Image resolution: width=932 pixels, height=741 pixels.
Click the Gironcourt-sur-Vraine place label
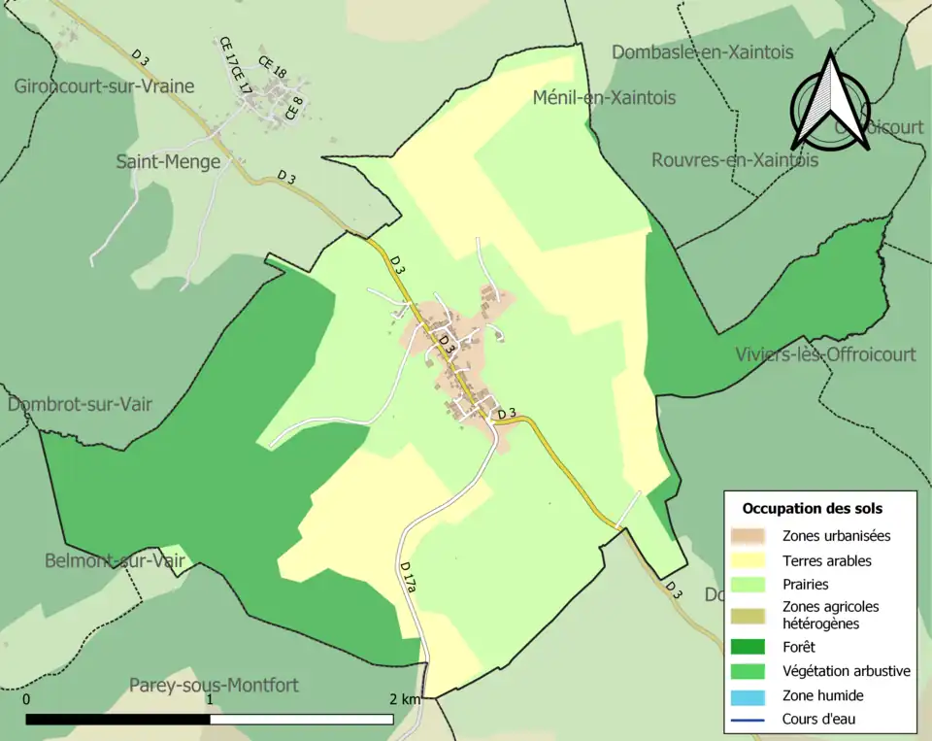[x=104, y=85]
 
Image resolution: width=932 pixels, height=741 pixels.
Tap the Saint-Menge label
[x=168, y=161]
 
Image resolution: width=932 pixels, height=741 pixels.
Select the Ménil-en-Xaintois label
[x=604, y=97]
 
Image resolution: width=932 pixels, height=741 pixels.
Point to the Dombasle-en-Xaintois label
[x=702, y=52]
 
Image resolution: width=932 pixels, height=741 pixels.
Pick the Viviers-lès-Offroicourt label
[x=825, y=354]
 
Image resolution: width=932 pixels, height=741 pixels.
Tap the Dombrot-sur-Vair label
[x=80, y=404]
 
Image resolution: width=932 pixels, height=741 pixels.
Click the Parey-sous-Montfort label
[x=214, y=685]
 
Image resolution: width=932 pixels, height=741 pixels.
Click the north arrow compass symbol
[x=830, y=99]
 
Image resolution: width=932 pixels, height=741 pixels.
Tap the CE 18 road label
[x=273, y=67]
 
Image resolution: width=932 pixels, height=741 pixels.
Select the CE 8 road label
[x=294, y=107]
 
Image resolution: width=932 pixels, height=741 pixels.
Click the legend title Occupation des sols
[x=812, y=508]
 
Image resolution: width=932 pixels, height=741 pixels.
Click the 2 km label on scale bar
[x=406, y=699]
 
